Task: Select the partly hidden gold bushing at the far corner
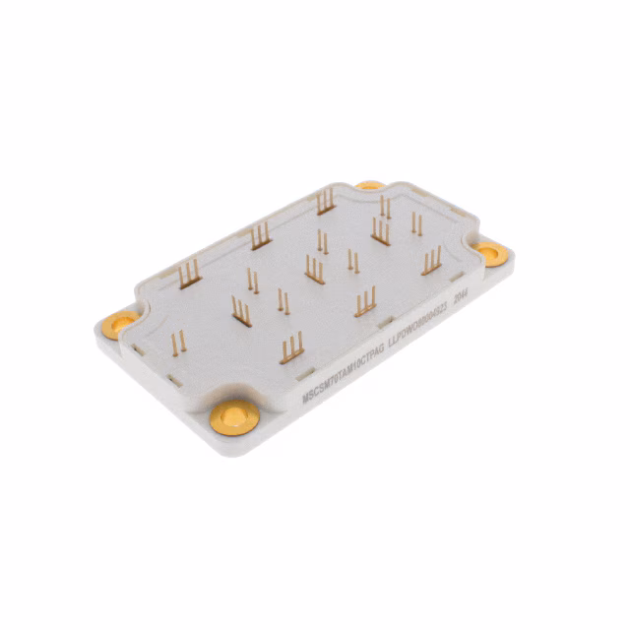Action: tap(370, 185)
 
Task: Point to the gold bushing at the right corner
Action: tap(492, 253)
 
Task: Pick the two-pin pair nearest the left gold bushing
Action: tap(178, 344)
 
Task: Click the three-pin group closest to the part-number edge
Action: tap(291, 348)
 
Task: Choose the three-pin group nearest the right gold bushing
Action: tap(431, 261)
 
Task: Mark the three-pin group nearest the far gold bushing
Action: tap(326, 202)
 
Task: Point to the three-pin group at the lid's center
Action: tap(315, 270)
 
